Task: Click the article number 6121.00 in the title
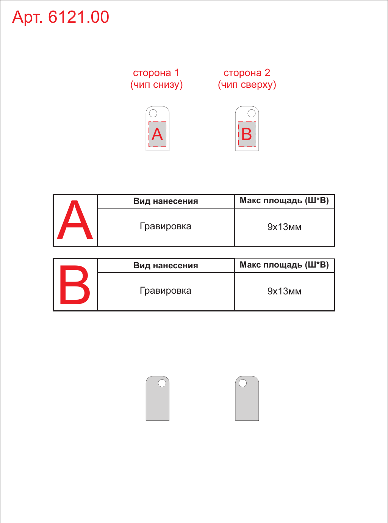pos(78,17)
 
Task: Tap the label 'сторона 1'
pos(156,73)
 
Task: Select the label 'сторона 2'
pos(247,73)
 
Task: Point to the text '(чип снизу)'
pos(156,85)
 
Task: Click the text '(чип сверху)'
pos(247,85)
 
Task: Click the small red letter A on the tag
pos(157,134)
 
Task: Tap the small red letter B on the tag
pos(247,134)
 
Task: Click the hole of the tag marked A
pos(153,114)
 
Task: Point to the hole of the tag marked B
pos(252,114)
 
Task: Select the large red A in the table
pos(75,220)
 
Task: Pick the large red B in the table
pos(75,284)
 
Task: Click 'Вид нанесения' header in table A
pos(166,201)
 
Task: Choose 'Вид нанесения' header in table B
pos(166,266)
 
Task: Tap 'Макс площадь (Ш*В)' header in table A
pos(284,201)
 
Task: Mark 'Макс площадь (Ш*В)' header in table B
pos(284,265)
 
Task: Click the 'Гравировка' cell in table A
pos(166,227)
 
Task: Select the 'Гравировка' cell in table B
pos(166,291)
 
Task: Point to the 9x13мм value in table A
pos(284,227)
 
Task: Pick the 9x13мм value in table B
pos(284,291)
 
